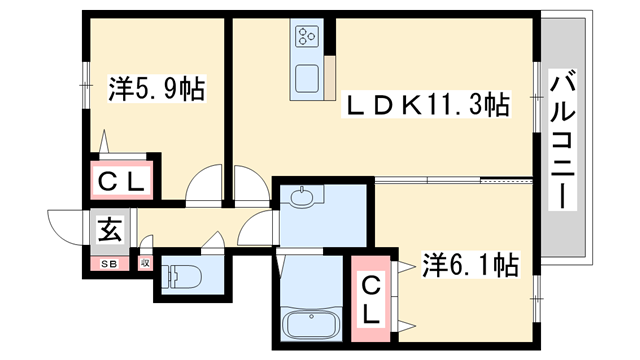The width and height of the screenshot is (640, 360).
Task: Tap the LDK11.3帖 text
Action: click(x=428, y=104)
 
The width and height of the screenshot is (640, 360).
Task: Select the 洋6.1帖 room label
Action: click(x=470, y=266)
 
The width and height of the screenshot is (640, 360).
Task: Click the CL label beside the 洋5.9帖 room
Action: click(x=122, y=181)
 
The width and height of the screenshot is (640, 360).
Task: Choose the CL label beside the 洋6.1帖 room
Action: click(x=370, y=298)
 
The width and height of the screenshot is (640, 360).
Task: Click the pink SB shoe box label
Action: click(x=107, y=263)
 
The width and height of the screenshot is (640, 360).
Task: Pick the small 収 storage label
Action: click(x=145, y=263)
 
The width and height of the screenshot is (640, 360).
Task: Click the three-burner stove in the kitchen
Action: click(x=306, y=39)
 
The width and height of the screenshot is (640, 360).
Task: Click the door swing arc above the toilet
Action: click(x=212, y=243)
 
